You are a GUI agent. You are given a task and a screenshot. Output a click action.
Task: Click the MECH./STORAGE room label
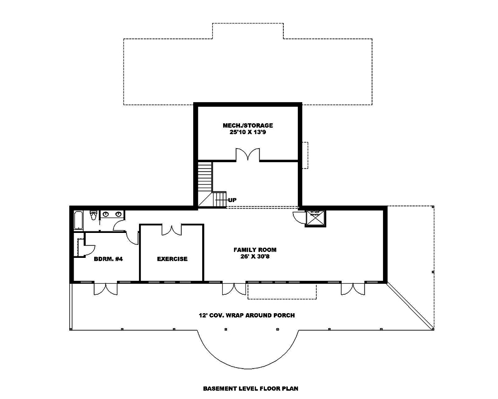(248, 125)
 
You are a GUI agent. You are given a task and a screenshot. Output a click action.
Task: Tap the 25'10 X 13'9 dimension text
(248, 133)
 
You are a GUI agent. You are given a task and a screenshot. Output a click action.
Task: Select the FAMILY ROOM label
(255, 249)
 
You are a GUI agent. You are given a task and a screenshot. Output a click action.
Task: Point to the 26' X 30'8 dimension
(255, 257)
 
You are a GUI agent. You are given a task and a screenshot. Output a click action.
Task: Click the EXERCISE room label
(172, 259)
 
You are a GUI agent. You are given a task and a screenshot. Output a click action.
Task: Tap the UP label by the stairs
(233, 200)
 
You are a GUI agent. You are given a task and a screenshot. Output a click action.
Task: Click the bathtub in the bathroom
(79, 220)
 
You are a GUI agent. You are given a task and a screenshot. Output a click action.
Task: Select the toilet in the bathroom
(93, 215)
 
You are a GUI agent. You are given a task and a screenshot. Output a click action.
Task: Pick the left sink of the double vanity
(106, 214)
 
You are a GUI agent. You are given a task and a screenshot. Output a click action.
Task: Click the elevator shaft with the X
(315, 218)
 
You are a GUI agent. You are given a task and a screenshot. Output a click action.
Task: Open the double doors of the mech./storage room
(248, 155)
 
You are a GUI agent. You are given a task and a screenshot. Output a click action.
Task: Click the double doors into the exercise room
(172, 229)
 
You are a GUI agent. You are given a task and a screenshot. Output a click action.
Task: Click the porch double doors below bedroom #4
(106, 288)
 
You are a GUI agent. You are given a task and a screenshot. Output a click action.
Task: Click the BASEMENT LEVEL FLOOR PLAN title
(250, 388)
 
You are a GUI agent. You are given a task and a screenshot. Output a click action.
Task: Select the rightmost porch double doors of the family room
(353, 288)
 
